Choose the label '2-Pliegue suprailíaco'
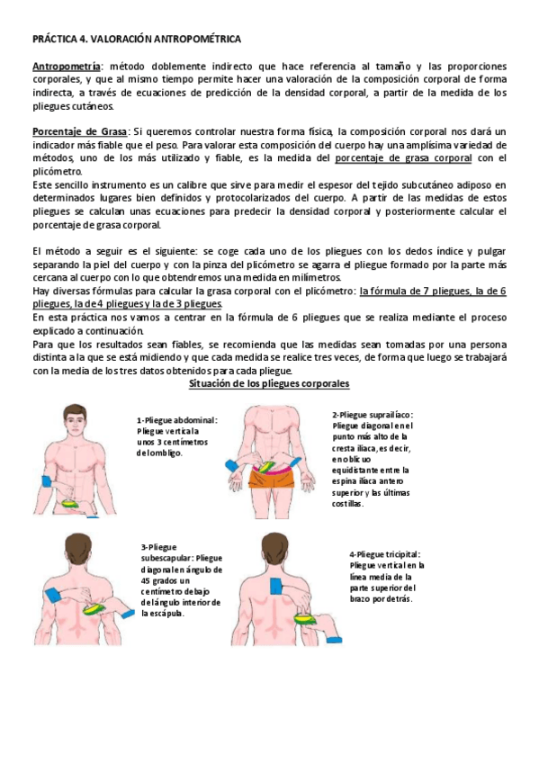pyautogui.click(x=373, y=415)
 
